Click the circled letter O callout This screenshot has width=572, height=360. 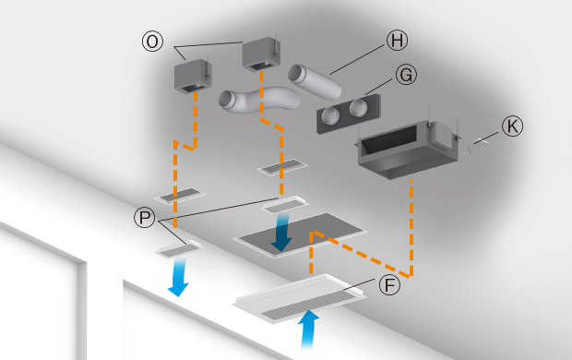pyautogui.click(x=152, y=42)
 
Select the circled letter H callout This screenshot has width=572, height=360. pyautogui.click(x=397, y=41)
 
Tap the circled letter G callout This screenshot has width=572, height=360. pyautogui.click(x=406, y=75)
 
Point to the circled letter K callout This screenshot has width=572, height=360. pyautogui.click(x=512, y=126)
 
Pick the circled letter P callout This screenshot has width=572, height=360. pyautogui.click(x=145, y=218)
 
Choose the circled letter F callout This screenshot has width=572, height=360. pyautogui.click(x=389, y=285)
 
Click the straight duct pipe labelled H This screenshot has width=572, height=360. pyautogui.click(x=315, y=82)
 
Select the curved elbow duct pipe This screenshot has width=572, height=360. pyautogui.click(x=259, y=100)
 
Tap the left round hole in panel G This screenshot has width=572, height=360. pyautogui.click(x=330, y=115)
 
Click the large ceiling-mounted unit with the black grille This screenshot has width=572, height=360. pyautogui.click(x=408, y=150)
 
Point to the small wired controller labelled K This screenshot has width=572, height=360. pyautogui.click(x=480, y=142)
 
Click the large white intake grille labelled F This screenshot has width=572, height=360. pyautogui.click(x=300, y=297)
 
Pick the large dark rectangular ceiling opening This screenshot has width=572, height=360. pyautogui.click(x=300, y=234)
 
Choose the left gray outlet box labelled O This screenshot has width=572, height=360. pyautogui.click(x=193, y=76)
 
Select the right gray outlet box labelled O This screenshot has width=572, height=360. pyautogui.click(x=261, y=54)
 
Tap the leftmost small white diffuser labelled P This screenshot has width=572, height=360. pyautogui.click(x=179, y=250)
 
